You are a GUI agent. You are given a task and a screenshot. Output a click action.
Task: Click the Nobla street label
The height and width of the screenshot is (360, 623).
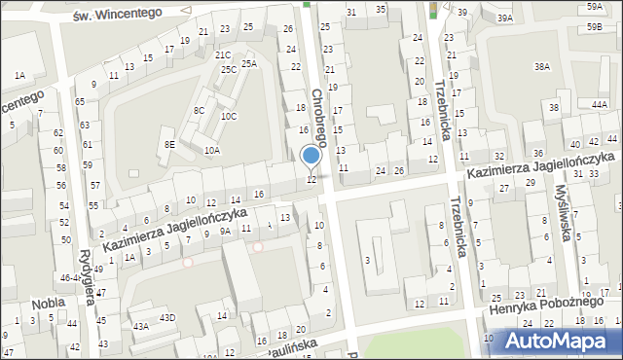coord(48,303)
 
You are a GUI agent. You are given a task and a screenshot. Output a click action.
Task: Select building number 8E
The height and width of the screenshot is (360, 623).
coord(169,144)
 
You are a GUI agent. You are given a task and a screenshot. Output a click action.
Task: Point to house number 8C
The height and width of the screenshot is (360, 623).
coord(199,110)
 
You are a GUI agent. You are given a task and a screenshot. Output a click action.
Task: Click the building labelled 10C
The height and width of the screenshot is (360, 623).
coord(228,116)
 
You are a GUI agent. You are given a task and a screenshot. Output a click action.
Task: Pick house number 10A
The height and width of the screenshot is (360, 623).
coord(211,151)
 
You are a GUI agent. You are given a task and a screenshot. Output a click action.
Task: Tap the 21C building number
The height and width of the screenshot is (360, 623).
coord(223,55)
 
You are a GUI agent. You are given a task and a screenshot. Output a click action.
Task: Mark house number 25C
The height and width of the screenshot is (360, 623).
coord(228,69)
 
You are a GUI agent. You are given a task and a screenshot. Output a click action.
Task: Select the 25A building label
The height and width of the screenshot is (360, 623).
coord(249,63)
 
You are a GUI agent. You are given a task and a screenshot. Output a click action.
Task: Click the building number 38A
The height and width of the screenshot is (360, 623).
coord(542,66)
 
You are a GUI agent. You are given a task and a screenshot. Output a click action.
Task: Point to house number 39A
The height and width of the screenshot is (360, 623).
coord(504,18)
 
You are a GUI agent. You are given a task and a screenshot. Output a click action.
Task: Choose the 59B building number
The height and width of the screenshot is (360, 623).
coord(594,27)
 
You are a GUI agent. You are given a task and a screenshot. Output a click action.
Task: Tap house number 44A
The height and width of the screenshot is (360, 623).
coord(600,102)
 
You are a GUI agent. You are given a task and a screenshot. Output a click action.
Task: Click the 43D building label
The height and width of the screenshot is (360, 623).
coord(167,318)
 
